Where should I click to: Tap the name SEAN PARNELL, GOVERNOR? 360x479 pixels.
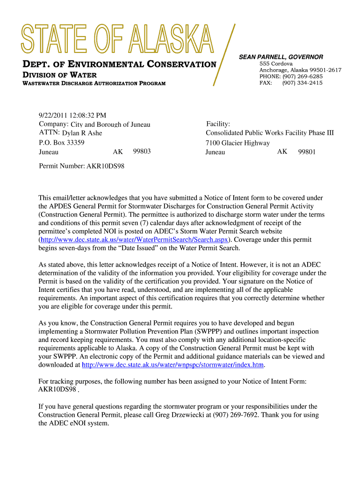tap(281, 57)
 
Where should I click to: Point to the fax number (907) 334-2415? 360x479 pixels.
tap(302, 83)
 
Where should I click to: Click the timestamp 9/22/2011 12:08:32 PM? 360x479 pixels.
tap(72, 115)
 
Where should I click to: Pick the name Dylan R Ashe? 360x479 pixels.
tap(82, 133)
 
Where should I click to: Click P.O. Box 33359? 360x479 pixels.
tap(61, 143)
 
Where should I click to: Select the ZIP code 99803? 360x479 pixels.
tap(142, 152)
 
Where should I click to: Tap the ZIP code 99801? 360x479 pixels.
tap(307, 152)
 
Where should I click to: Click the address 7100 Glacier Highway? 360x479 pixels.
tap(238, 143)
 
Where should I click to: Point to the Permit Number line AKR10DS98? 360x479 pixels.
tap(81, 166)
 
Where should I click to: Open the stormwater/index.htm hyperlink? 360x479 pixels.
tap(173, 365)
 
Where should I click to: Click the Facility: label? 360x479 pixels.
tap(218, 124)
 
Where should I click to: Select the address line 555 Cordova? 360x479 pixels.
tap(276, 63)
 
